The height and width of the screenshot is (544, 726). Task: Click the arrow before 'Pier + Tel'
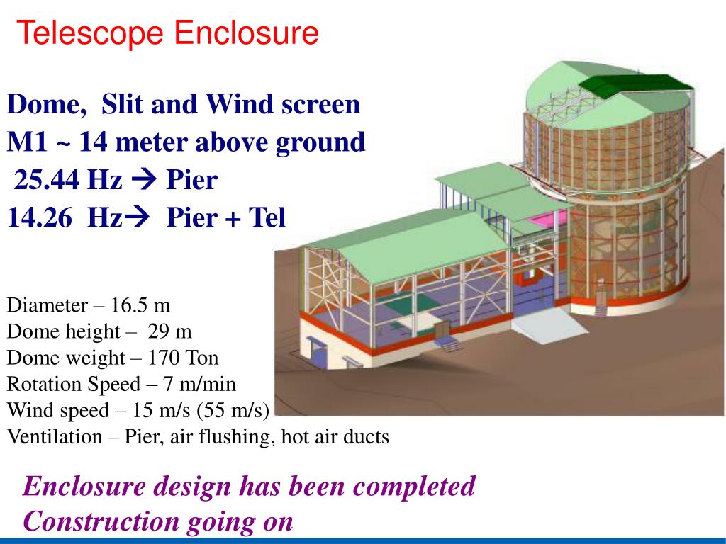(143, 218)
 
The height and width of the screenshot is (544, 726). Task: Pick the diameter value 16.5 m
(141, 305)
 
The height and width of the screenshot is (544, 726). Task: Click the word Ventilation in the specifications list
(55, 436)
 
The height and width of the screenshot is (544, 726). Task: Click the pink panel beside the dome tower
(544, 217)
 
